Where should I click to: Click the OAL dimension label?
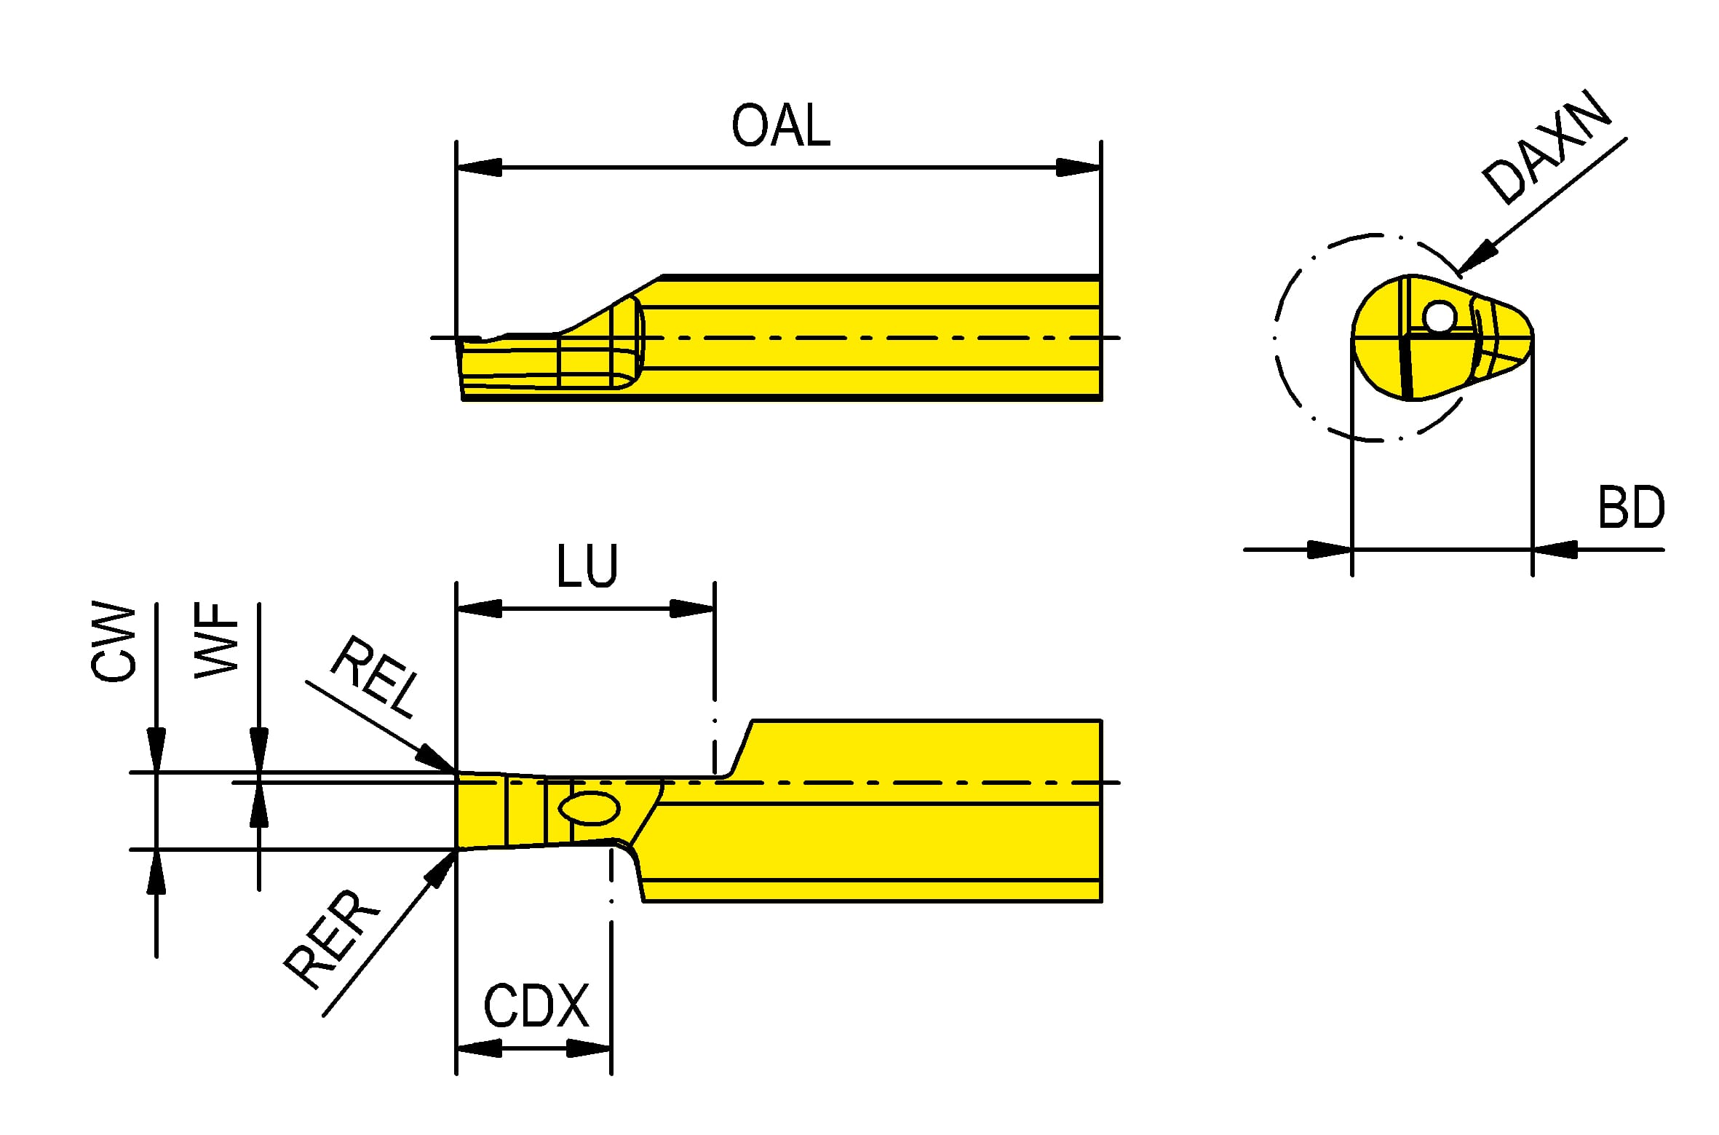(780, 126)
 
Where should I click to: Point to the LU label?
(587, 565)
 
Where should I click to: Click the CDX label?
(536, 1005)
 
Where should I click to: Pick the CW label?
(114, 641)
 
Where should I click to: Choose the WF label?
(216, 640)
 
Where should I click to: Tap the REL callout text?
(376, 676)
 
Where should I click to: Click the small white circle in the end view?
(1440, 317)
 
